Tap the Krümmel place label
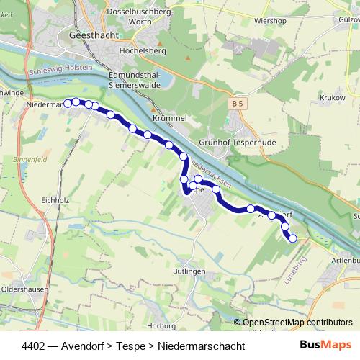(170, 117)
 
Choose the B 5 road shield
(238, 104)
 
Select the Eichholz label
(55, 200)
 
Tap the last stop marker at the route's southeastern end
(292, 238)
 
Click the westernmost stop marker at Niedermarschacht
(68, 103)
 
